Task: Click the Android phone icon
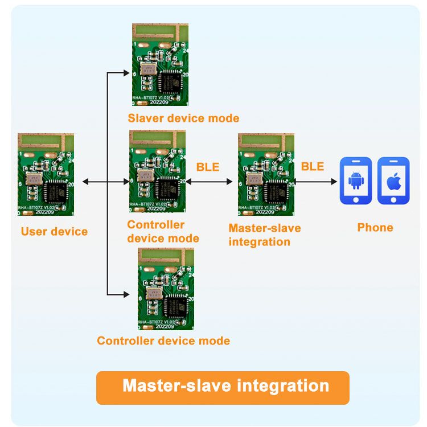(356, 180)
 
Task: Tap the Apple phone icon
(393, 180)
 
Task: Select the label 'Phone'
(375, 228)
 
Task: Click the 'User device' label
(54, 232)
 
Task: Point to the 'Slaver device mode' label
(183, 118)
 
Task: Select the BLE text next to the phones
(312, 166)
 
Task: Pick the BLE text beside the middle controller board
(208, 167)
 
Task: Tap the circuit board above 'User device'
(46, 174)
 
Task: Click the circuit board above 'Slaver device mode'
(160, 64)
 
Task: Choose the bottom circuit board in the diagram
(166, 289)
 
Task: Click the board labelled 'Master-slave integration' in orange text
(265, 174)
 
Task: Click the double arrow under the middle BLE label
(210, 182)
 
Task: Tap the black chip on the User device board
(56, 191)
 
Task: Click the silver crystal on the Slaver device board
(148, 70)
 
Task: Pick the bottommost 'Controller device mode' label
(163, 341)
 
